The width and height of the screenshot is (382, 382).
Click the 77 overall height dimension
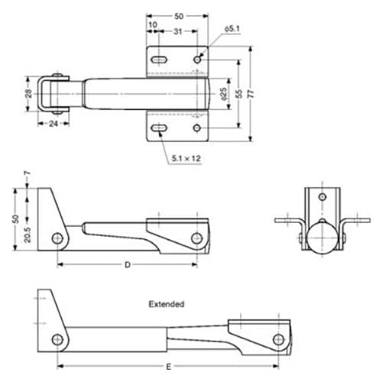click(251, 94)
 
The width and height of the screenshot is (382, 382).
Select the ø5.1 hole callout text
click(232, 29)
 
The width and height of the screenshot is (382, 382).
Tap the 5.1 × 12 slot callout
click(186, 158)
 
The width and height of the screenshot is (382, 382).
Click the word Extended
click(167, 304)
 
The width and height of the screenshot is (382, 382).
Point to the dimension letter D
click(128, 265)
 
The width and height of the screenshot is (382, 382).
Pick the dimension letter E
click(169, 367)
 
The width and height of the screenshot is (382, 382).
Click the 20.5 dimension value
click(28, 235)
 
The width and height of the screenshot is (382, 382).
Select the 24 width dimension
click(53, 124)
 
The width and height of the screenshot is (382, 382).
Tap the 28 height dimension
click(29, 93)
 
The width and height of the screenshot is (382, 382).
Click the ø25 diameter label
click(223, 94)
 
